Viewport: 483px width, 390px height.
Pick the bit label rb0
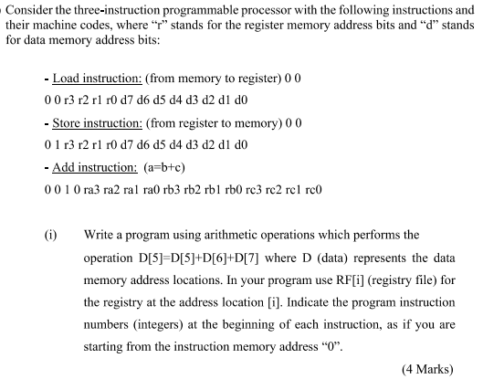click(241, 190)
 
